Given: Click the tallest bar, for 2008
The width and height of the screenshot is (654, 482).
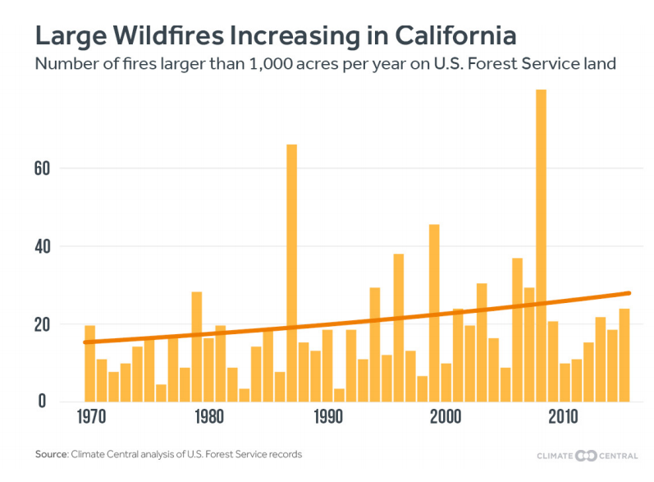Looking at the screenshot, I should point(541,246).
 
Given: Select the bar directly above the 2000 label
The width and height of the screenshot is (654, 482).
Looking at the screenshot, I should point(446,383).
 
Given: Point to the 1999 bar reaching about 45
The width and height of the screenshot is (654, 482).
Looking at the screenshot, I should point(434,313).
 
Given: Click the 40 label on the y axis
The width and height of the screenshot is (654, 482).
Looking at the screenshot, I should point(43,246).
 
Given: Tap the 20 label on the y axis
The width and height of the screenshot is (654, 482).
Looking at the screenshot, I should point(43,324).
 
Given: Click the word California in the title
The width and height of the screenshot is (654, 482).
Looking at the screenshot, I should point(455,36).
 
